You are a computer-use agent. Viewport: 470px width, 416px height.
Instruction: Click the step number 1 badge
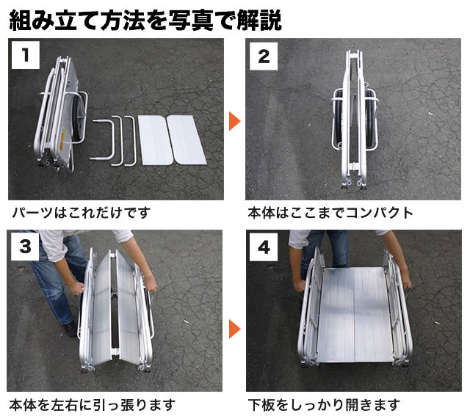pyautogui.click(x=26, y=55)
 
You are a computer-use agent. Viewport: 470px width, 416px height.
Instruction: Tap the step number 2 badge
pyautogui.click(x=264, y=56)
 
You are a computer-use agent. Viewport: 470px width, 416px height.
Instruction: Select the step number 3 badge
pyautogui.click(x=25, y=247)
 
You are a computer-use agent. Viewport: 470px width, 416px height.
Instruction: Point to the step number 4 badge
pyautogui.click(x=264, y=247)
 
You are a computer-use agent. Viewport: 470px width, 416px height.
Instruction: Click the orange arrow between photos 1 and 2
pyautogui.click(x=234, y=121)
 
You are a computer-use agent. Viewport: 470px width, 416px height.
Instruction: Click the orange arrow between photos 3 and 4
pyautogui.click(x=234, y=329)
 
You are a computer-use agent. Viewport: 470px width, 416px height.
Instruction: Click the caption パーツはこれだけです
pyautogui.click(x=82, y=213)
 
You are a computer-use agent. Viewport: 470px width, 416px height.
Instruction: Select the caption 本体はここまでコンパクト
pyautogui.click(x=330, y=213)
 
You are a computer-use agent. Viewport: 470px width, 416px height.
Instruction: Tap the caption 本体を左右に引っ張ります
pyautogui.click(x=93, y=404)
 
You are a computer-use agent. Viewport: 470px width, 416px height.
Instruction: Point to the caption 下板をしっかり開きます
pyautogui.click(x=324, y=404)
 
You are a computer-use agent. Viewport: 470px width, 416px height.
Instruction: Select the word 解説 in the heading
pyautogui.click(x=259, y=20)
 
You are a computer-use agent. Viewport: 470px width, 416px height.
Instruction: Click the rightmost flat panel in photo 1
pyautogui.click(x=187, y=139)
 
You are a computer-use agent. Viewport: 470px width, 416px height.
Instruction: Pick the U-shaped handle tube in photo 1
pyautogui.click(x=104, y=139)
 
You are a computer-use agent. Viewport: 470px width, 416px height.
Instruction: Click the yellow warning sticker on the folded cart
pyautogui.click(x=62, y=139)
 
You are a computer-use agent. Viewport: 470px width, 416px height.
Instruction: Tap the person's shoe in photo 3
pyautogui.click(x=70, y=329)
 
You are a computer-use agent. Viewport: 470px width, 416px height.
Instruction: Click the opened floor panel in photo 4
pyautogui.click(x=355, y=315)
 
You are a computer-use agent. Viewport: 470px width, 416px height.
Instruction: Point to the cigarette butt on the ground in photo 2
pyautogui.click(x=430, y=114)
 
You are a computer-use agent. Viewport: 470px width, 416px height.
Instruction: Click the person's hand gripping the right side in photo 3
pyautogui.click(x=151, y=284)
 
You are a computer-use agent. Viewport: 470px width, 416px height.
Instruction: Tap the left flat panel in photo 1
pyautogui.click(x=155, y=140)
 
